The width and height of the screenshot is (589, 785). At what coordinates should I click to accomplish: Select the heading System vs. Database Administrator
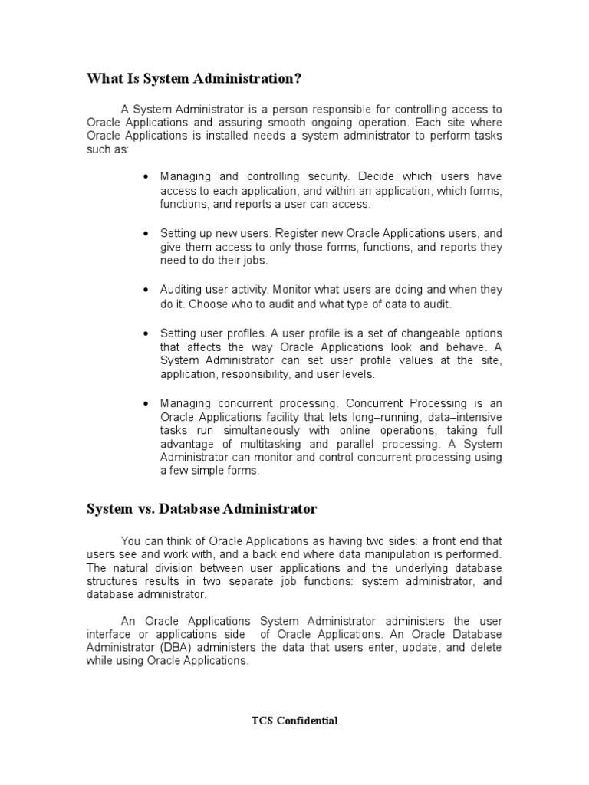tap(201, 508)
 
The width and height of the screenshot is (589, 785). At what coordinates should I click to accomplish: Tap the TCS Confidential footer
tap(294, 720)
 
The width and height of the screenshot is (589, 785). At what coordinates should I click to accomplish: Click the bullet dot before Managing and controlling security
tap(146, 177)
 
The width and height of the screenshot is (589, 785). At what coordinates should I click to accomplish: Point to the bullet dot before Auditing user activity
tap(146, 291)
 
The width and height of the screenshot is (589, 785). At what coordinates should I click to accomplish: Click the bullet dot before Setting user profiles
tap(146, 333)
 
